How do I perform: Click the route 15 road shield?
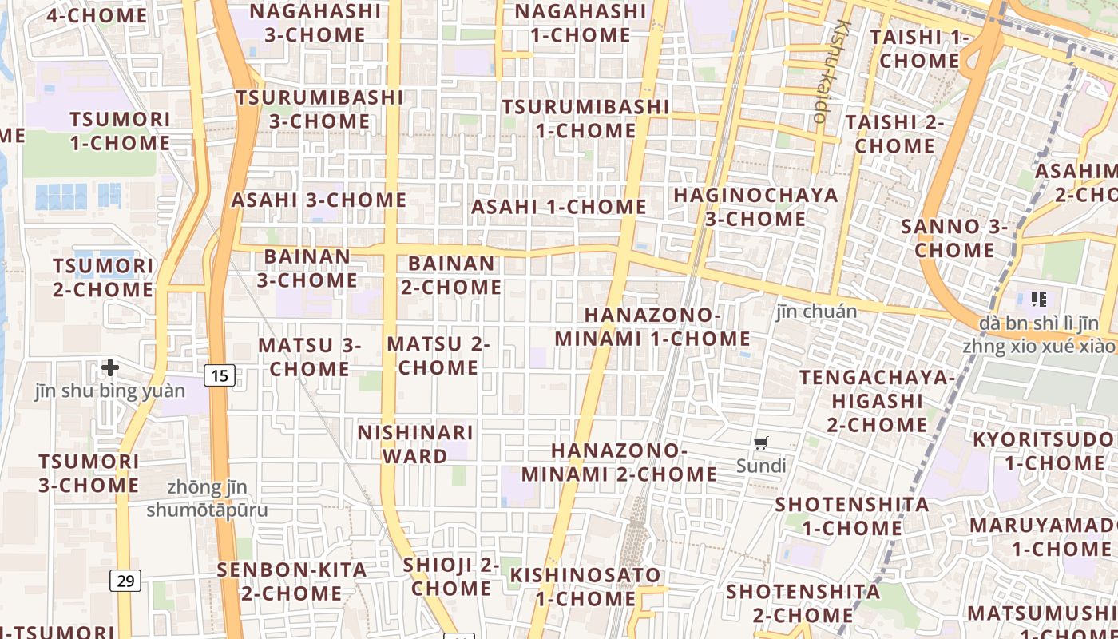click(x=220, y=375)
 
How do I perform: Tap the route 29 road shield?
click(x=125, y=581)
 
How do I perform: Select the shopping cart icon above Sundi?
click(x=760, y=443)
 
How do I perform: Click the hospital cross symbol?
click(x=110, y=367)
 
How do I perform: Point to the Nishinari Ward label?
click(x=415, y=444)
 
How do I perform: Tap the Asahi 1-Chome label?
click(x=559, y=207)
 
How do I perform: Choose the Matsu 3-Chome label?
click(x=310, y=357)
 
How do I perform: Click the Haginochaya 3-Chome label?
click(x=755, y=207)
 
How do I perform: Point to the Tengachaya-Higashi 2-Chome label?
click(x=878, y=400)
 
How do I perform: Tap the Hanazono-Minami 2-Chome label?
click(x=619, y=462)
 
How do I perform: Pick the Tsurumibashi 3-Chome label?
click(x=319, y=109)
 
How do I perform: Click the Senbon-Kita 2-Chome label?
click(x=292, y=581)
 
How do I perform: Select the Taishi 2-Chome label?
click(x=894, y=134)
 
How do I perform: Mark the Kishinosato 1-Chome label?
click(x=585, y=586)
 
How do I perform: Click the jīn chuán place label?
click(x=816, y=312)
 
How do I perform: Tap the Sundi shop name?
click(x=761, y=466)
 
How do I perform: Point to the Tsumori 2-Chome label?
click(x=103, y=277)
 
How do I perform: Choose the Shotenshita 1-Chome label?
click(x=852, y=516)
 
